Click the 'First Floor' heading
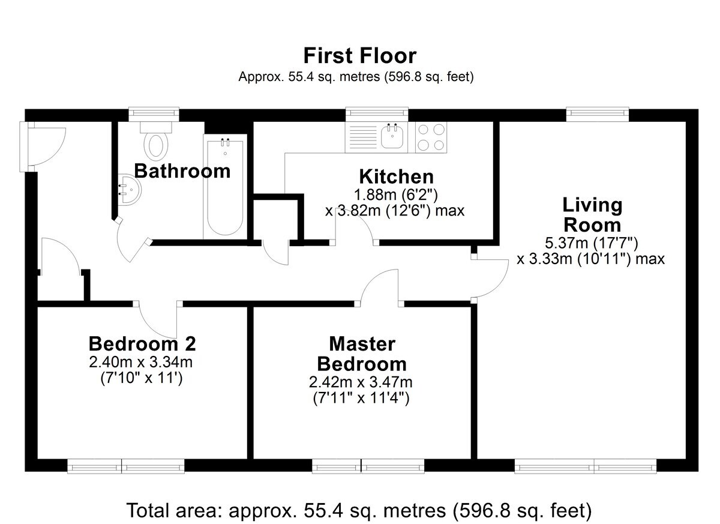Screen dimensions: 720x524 (359, 56)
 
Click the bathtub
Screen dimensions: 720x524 (225, 187)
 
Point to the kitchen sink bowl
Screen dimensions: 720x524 (392, 137)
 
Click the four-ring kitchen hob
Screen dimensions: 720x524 (431, 137)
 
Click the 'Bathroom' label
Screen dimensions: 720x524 (182, 170)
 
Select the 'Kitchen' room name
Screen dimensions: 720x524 (397, 176)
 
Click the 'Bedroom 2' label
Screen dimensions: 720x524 (142, 344)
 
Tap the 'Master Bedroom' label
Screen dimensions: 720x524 (362, 354)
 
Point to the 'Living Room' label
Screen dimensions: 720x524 (592, 215)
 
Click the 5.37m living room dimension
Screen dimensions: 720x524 (592, 243)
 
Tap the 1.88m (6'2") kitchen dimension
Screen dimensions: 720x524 (396, 194)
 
